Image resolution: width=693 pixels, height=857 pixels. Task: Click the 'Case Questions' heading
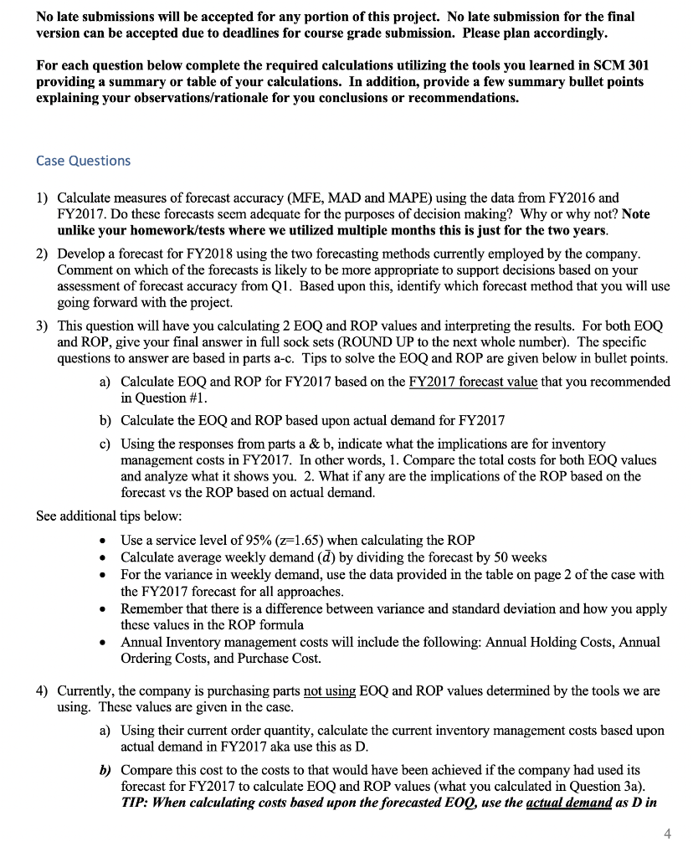click(x=84, y=160)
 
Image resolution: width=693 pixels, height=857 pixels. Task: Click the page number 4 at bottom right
click(x=665, y=833)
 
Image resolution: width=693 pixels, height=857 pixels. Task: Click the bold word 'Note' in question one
click(x=635, y=213)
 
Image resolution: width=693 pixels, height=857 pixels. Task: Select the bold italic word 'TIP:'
click(x=136, y=801)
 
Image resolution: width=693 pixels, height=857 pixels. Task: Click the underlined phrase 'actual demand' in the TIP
click(x=594, y=801)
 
